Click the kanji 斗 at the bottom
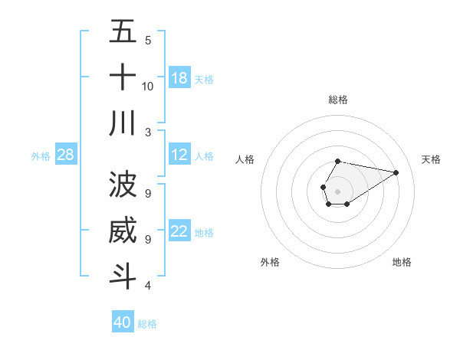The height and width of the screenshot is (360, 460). (123, 276)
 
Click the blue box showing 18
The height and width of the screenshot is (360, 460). (179, 77)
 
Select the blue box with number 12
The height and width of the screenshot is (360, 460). (179, 155)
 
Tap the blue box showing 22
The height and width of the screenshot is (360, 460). (179, 231)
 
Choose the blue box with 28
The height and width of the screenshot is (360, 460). (66, 155)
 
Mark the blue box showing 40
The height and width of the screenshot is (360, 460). (123, 322)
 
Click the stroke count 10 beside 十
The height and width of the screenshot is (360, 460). (148, 86)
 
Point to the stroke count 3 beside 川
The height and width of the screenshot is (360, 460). (148, 132)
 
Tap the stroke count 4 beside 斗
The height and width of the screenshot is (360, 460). (148, 286)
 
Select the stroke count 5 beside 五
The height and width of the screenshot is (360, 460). (148, 40)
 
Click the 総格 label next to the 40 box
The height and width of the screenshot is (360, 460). (147, 324)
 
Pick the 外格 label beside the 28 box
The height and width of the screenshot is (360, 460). (41, 156)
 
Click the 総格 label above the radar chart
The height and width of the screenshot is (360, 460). (337, 100)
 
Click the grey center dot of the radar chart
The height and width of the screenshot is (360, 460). (337, 191)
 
